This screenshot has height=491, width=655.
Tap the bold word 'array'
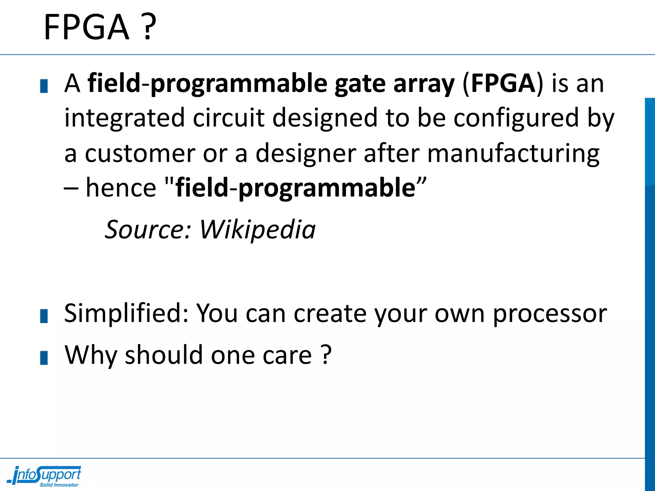pos(423,84)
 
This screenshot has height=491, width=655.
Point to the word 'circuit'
pos(229,118)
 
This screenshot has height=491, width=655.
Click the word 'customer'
pos(140,153)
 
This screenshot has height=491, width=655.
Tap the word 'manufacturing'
pos(513,153)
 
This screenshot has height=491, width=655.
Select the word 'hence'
pos(121,188)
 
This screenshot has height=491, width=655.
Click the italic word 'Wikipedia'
pos(258,230)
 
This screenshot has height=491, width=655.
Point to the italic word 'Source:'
pos(148,230)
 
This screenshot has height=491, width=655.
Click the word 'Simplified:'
pos(127,313)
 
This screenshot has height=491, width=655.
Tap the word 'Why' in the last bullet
pos(91,355)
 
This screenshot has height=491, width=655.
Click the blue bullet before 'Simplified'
pos(44,316)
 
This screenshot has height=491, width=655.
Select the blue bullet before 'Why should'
pos(44,358)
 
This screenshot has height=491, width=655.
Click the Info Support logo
pos(45,476)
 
